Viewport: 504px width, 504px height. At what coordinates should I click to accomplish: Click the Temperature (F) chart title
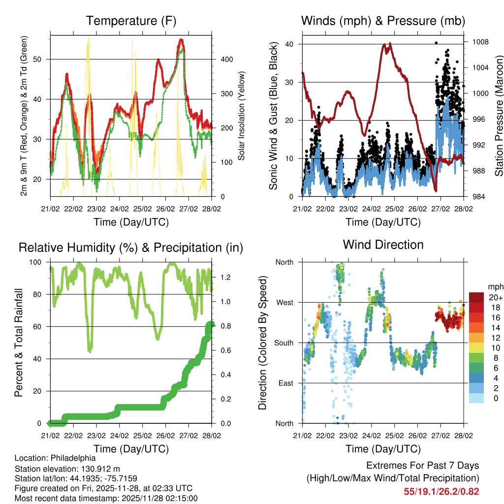pos(131,21)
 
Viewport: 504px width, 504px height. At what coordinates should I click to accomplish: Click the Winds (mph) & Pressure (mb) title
pos(383,21)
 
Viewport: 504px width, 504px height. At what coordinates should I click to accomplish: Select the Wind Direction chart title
pos(383,245)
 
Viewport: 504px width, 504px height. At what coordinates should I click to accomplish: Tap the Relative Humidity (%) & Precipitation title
pos(131,248)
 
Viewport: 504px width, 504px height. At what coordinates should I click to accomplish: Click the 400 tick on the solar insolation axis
pos(226,60)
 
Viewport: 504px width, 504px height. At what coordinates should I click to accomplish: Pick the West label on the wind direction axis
pos(284,303)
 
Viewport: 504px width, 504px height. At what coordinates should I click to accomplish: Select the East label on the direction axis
pos(285,383)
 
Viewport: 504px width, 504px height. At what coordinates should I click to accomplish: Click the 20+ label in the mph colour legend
pos(495,297)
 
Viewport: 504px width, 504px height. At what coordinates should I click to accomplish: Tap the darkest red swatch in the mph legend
pos(476,297)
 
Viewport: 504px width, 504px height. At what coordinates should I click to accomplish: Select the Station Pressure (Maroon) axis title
pos(499,116)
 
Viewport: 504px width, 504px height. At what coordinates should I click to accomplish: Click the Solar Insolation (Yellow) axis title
pos(242,116)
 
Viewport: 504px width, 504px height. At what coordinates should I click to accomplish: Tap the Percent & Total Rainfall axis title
pos(19,343)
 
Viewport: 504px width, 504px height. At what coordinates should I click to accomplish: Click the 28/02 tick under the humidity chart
pos(212,436)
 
